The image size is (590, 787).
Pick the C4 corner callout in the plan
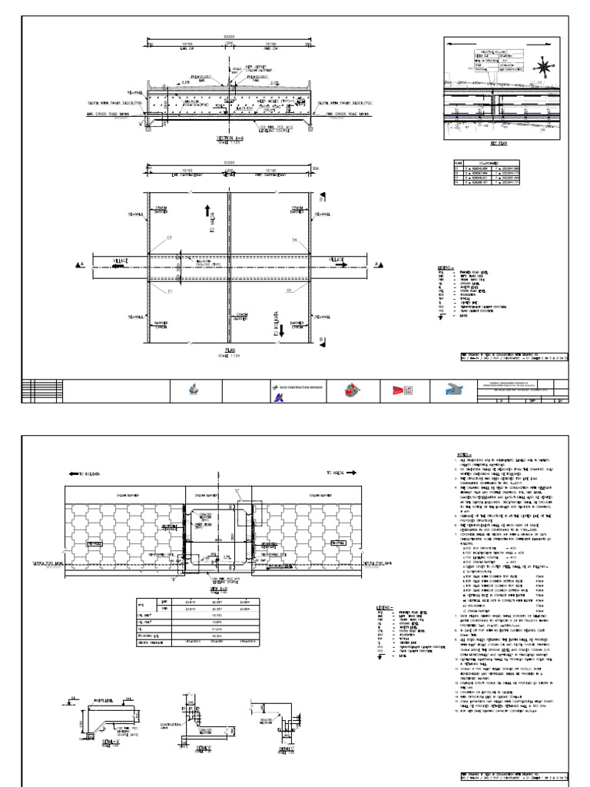294,241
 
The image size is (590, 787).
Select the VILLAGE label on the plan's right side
336,261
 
